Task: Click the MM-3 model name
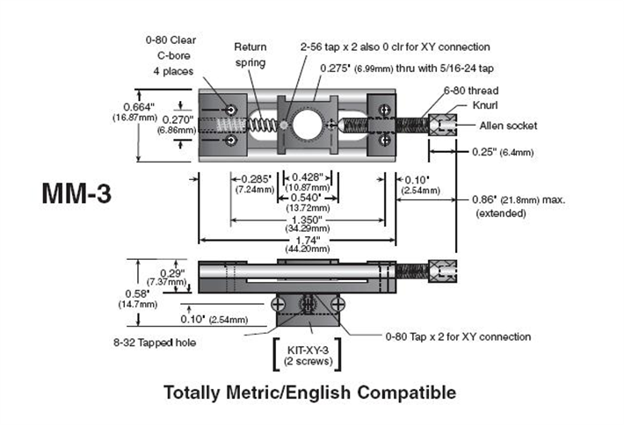(76, 193)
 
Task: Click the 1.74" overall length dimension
(308, 241)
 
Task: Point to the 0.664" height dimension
(139, 107)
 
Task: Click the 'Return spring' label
(250, 54)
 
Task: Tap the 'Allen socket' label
(508, 126)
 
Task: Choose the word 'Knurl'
(485, 105)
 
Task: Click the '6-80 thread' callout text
(471, 90)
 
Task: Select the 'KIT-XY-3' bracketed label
(308, 350)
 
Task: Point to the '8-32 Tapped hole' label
(155, 343)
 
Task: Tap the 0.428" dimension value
(308, 177)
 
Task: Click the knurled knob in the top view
(442, 126)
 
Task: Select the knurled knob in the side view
(442, 271)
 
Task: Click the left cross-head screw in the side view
(278, 305)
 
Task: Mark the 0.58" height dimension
(137, 294)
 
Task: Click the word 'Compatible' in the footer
(406, 393)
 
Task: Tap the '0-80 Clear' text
(171, 40)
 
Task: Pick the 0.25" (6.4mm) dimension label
(503, 152)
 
